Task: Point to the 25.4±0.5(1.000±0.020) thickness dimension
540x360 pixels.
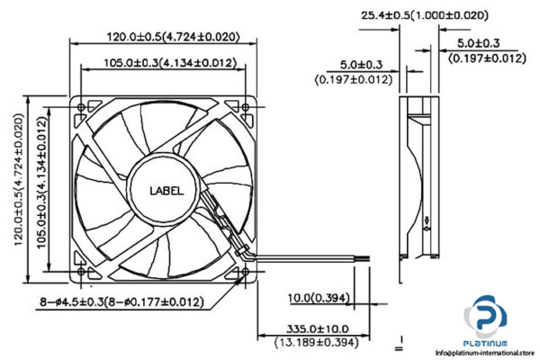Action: pyautogui.click(x=424, y=15)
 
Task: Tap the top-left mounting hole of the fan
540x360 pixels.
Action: pyautogui.click(x=84, y=107)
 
